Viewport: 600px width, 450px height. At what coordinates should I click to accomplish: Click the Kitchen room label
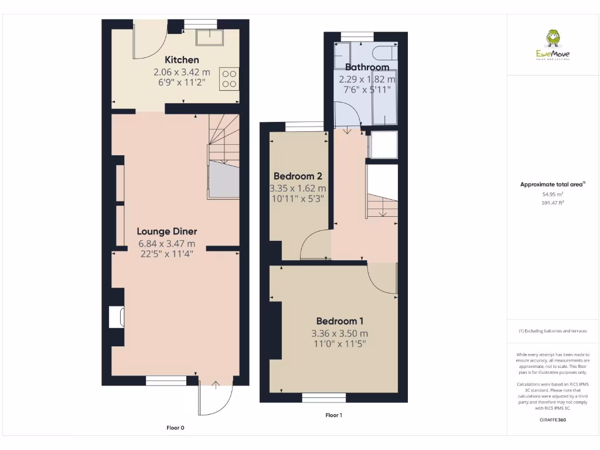click(182, 60)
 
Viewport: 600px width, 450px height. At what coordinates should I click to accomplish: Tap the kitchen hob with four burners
click(229, 79)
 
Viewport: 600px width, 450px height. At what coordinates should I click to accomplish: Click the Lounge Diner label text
click(167, 231)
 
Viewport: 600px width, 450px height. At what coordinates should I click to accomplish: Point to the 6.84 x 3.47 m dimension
click(167, 243)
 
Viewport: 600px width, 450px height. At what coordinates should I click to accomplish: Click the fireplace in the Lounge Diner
click(116, 317)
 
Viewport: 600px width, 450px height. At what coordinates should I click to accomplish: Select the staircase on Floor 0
click(224, 155)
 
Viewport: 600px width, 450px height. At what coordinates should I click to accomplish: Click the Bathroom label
click(367, 67)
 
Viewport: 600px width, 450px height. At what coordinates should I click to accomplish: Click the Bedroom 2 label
click(298, 176)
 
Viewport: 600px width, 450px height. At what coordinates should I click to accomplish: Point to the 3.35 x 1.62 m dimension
click(298, 189)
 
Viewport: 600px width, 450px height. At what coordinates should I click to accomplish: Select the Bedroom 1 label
click(340, 321)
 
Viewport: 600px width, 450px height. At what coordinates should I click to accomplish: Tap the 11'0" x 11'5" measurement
click(340, 344)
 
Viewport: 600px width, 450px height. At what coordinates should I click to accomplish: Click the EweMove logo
click(553, 45)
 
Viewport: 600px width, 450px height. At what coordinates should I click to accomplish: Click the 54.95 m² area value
click(553, 194)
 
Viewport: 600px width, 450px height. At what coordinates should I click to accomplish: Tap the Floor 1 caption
click(333, 415)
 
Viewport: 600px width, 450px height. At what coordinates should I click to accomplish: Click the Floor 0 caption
click(175, 428)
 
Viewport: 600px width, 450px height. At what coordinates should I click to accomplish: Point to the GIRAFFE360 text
click(553, 420)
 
